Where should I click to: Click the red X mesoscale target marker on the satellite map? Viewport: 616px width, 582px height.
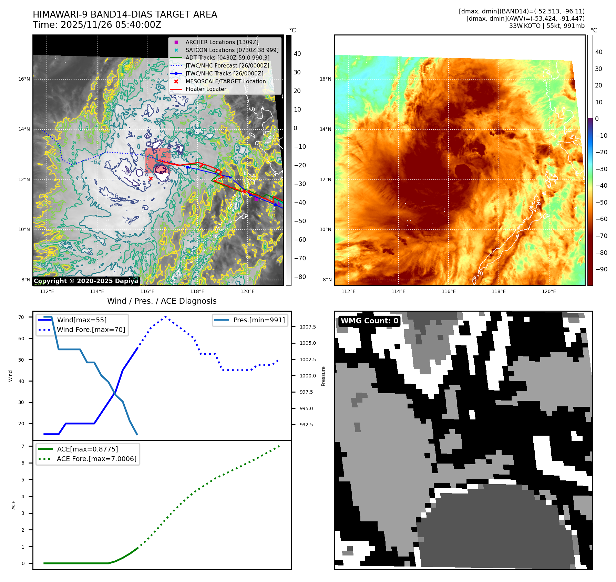[x=151, y=178]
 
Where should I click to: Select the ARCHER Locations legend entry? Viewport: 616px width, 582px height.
[x=222, y=42]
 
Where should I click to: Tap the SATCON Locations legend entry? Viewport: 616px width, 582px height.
[x=232, y=50]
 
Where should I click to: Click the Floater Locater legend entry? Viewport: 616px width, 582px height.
[x=206, y=89]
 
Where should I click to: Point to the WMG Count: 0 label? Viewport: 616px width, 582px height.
[x=369, y=321]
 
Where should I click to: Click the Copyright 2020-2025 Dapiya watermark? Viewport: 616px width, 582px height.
[x=86, y=281]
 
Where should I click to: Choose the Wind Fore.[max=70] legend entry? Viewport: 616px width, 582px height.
[x=91, y=330]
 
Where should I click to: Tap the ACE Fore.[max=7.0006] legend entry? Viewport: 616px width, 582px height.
[x=96, y=459]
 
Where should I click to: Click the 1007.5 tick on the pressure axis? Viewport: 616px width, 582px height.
[x=307, y=327]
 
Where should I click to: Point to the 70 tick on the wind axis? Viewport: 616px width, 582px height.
[x=21, y=317]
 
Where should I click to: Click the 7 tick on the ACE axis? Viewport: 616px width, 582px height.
[x=23, y=446]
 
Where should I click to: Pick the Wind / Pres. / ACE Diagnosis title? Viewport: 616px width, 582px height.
[x=162, y=301]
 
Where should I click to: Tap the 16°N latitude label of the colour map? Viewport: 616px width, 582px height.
[x=325, y=79]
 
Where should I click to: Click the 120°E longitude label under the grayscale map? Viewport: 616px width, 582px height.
[x=247, y=291]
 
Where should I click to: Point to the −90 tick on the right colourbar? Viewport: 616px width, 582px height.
[x=602, y=269]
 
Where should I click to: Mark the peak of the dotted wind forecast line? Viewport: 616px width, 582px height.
[x=165, y=316]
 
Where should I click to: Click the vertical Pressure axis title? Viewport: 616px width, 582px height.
[x=323, y=376]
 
